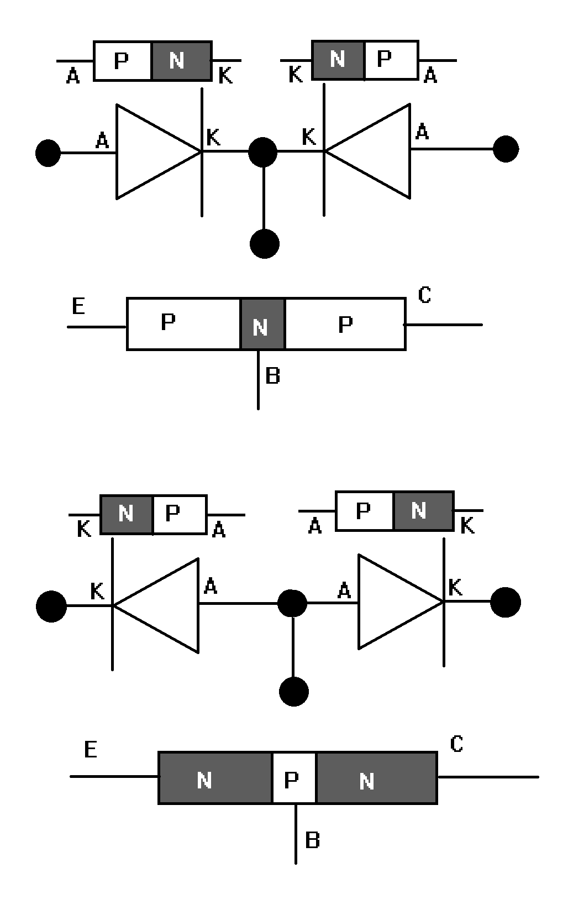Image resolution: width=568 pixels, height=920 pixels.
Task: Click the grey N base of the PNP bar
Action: click(x=262, y=324)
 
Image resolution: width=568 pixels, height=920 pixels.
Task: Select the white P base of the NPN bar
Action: click(x=294, y=777)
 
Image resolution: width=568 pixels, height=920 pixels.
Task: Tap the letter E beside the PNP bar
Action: click(x=79, y=306)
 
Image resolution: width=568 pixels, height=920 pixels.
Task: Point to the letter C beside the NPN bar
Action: click(x=456, y=744)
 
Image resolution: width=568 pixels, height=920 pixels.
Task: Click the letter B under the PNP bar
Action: click(x=273, y=376)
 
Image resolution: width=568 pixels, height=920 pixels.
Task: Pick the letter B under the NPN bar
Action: click(x=312, y=840)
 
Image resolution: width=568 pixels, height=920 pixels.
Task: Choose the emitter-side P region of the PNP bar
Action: click(x=183, y=324)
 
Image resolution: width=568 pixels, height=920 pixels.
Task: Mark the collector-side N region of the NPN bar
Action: click(x=376, y=777)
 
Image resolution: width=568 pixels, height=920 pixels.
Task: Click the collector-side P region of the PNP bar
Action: click(x=345, y=324)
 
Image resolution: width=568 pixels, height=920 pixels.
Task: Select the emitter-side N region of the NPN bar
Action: click(x=215, y=777)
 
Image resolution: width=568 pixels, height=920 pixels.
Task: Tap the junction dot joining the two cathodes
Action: click(x=263, y=151)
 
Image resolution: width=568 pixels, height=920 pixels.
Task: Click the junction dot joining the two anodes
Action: click(x=292, y=603)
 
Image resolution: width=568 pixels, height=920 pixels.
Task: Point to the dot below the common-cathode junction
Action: click(x=264, y=244)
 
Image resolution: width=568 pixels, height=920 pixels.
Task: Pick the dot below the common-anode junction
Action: click(x=293, y=691)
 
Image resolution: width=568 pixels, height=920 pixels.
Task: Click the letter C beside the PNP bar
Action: click(x=424, y=295)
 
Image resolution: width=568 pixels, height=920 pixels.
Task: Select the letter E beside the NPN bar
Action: click(x=91, y=750)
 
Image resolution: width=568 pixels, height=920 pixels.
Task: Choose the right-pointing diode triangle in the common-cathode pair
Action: click(x=149, y=151)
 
